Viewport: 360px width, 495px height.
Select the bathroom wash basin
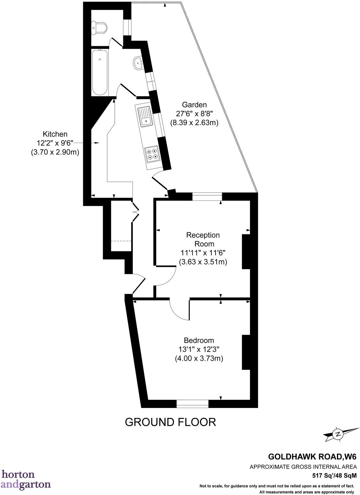click(x=138, y=63)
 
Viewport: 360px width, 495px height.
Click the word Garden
click(x=194, y=104)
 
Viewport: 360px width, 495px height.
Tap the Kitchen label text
click(x=55, y=134)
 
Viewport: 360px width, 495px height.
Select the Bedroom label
click(x=199, y=340)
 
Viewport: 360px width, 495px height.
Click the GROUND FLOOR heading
click(x=170, y=422)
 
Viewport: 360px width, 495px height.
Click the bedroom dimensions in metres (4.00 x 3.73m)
click(x=199, y=358)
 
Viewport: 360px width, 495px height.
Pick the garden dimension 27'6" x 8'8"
click(x=194, y=114)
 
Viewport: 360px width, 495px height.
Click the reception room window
click(x=207, y=196)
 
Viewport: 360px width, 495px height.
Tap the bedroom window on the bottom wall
click(x=192, y=404)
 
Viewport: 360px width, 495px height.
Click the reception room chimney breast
click(x=246, y=252)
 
